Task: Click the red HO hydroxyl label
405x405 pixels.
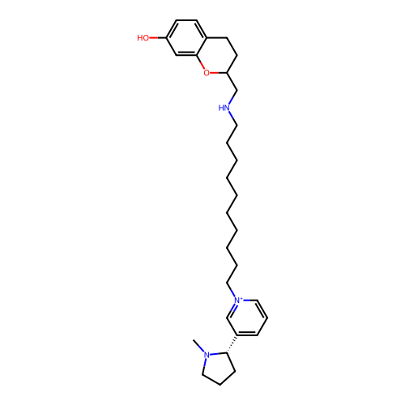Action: pyautogui.click(x=143, y=38)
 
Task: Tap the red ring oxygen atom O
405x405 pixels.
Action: pyautogui.click(x=207, y=73)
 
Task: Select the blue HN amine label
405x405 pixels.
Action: pyautogui.click(x=224, y=108)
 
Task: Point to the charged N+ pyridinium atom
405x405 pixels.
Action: pyautogui.click(x=238, y=300)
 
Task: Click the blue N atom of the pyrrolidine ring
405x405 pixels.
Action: pyautogui.click(x=207, y=355)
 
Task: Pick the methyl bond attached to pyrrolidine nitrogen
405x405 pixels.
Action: pyautogui.click(x=198, y=345)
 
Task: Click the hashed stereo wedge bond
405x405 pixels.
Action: pyautogui.click(x=232, y=343)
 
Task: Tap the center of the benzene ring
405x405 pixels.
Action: pyautogui.click(x=186, y=38)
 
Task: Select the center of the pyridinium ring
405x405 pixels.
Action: pyautogui.click(x=247, y=318)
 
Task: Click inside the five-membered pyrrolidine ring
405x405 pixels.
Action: pyautogui.click(x=219, y=368)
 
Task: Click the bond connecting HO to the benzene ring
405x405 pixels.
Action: pyautogui.click(x=158, y=38)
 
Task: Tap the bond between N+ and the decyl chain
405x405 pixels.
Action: pyautogui.click(x=231, y=290)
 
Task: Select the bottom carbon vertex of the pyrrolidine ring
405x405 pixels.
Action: pyautogui.click(x=220, y=385)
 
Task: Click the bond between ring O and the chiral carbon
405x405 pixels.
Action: pyautogui.click(x=219, y=73)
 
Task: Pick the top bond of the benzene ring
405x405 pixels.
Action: pyautogui.click(x=186, y=20)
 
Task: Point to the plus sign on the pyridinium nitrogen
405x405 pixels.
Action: pyautogui.click(x=241, y=298)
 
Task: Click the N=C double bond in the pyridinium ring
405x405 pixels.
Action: pyautogui.click(x=232, y=310)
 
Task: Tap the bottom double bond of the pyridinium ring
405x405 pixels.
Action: pyautogui.click(x=247, y=335)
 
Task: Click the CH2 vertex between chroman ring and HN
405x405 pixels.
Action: pyautogui.click(x=237, y=90)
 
